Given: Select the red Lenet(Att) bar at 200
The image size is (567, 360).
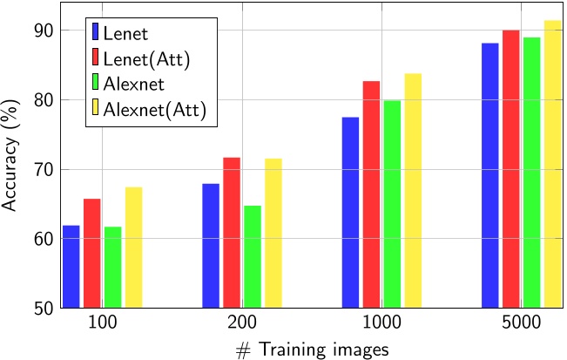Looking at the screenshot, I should [231, 233].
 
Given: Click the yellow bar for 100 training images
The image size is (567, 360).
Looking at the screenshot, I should [133, 248].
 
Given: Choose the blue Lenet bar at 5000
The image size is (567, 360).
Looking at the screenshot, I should [489, 175].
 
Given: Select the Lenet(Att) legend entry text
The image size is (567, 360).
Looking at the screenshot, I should [145, 59].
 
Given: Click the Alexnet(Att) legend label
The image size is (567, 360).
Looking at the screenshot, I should [154, 110].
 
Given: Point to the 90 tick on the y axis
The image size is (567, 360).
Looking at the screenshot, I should [44, 31].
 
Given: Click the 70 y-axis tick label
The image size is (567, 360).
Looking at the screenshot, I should [44, 169].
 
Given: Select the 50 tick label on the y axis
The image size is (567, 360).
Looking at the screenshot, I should [44, 308].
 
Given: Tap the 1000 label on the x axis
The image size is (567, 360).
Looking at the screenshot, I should [382, 323].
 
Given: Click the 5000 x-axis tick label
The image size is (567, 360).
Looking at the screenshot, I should [521, 323].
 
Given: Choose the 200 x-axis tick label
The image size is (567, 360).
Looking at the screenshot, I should [241, 323].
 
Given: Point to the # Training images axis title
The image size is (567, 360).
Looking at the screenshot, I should [311, 347].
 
